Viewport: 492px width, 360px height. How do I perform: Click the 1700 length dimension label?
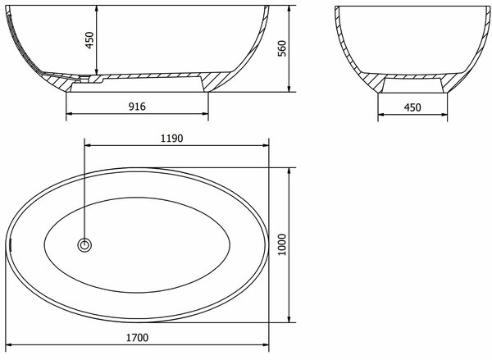(137, 338)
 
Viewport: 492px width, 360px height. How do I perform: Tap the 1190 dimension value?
(171, 138)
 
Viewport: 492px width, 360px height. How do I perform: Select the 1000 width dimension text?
(282, 245)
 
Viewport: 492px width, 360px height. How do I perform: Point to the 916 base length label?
(137, 107)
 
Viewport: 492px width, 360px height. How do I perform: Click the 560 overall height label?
(282, 48)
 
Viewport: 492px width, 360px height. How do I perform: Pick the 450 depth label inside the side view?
(89, 40)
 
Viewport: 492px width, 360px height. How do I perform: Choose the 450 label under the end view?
(412, 107)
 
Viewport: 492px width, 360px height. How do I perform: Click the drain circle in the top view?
(84, 245)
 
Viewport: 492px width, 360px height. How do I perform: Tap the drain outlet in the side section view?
(84, 78)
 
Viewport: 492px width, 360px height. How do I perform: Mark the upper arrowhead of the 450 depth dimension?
(97, 9)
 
